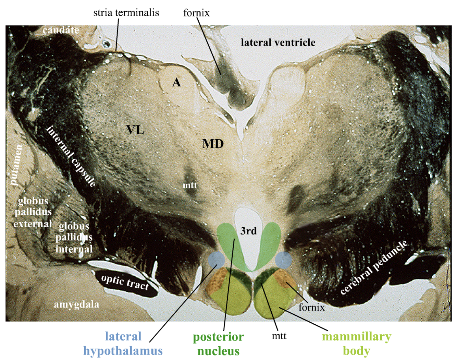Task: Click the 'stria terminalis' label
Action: click(126, 13)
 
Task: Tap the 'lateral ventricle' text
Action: click(278, 43)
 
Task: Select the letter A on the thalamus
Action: click(176, 82)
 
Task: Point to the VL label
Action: click(135, 130)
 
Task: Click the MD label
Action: click(213, 144)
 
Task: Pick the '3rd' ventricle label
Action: click(248, 231)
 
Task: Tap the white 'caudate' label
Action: click(61, 30)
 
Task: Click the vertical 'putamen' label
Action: click(16, 165)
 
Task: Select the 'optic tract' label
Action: click(125, 282)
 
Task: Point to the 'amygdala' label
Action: click(76, 304)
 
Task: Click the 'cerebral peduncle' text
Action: click(374, 267)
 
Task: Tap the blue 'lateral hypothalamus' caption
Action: click(123, 344)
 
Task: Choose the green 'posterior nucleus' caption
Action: click(218, 344)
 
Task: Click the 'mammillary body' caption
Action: click(356, 344)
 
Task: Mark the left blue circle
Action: click(217, 259)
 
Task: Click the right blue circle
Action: click(284, 260)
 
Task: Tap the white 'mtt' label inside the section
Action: click(190, 185)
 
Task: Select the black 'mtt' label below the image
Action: click(279, 336)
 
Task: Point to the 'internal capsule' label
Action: click(71, 156)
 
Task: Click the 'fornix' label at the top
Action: click(196, 13)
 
